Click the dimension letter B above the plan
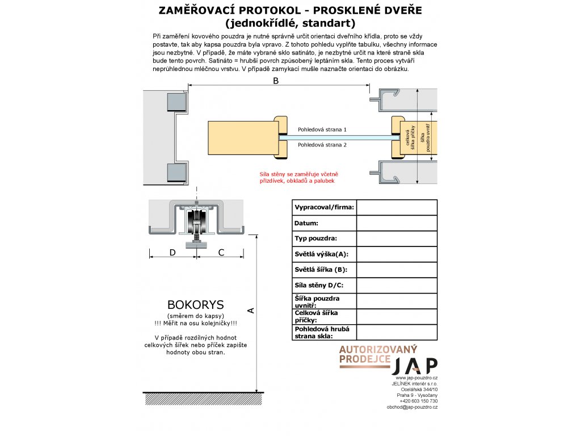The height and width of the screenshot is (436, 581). point(276,81)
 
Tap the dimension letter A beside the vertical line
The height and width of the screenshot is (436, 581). point(250,310)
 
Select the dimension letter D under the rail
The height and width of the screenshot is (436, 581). point(172,253)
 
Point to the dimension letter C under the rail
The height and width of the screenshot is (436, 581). point(222,253)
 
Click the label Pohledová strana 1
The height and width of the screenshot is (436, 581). point(322,130)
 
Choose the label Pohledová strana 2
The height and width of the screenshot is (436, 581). point(322,145)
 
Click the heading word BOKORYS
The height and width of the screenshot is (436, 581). point(196,305)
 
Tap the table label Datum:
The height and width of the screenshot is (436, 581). point(306,224)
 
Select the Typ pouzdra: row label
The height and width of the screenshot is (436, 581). point(316,239)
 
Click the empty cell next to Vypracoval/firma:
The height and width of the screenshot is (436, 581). point(397,208)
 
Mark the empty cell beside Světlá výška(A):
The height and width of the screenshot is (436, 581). point(397,254)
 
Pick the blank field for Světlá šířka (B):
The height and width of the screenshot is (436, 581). point(397,270)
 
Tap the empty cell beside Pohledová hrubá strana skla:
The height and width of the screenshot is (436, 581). point(397,332)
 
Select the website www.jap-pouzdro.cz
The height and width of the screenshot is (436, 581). point(416,378)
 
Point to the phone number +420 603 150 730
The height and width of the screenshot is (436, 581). point(419,401)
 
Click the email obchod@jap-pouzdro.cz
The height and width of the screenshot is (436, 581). point(412,407)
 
